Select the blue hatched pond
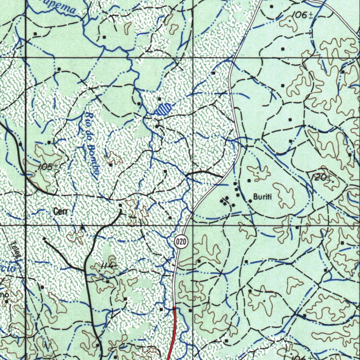(163, 109)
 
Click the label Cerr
(60, 211)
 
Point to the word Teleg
(14, 250)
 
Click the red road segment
(172, 334)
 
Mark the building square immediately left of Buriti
(250, 201)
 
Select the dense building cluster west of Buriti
(224, 201)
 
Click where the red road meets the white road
(174, 308)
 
